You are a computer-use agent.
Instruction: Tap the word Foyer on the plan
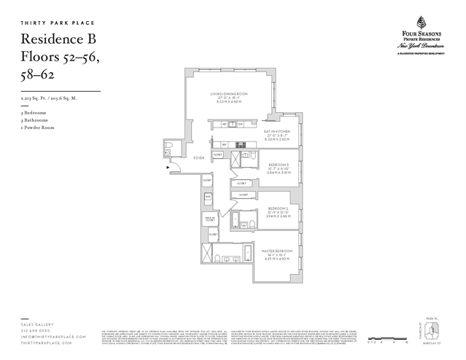[x=198, y=157]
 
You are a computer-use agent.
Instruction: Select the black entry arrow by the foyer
[x=168, y=168]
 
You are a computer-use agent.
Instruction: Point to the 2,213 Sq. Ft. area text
[x=48, y=97]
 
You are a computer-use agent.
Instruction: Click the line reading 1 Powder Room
[x=36, y=128]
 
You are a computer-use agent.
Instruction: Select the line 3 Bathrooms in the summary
[x=35, y=120]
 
